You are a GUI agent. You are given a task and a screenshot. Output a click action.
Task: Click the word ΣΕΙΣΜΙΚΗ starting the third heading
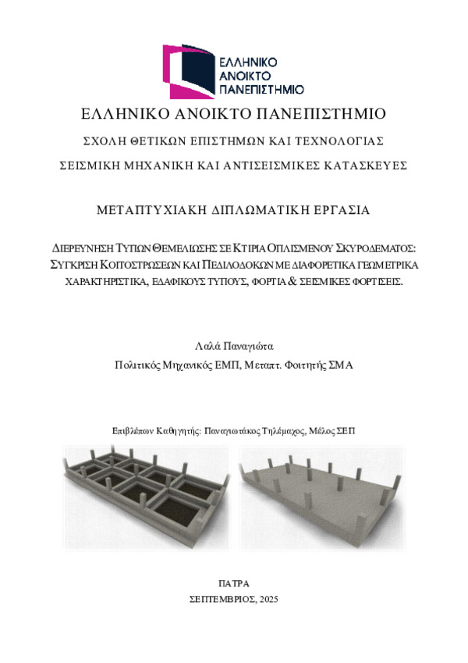pyautogui.click(x=94, y=166)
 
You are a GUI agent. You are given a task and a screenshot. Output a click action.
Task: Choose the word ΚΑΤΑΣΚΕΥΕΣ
pyautogui.click(x=365, y=166)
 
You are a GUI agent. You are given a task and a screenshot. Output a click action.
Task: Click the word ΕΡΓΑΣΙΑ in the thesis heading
pyautogui.click(x=342, y=210)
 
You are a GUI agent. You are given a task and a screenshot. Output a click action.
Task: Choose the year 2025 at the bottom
pyautogui.click(x=267, y=599)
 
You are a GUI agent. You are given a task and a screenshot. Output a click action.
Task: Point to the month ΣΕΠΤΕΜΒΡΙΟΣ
pyautogui.click(x=221, y=599)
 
